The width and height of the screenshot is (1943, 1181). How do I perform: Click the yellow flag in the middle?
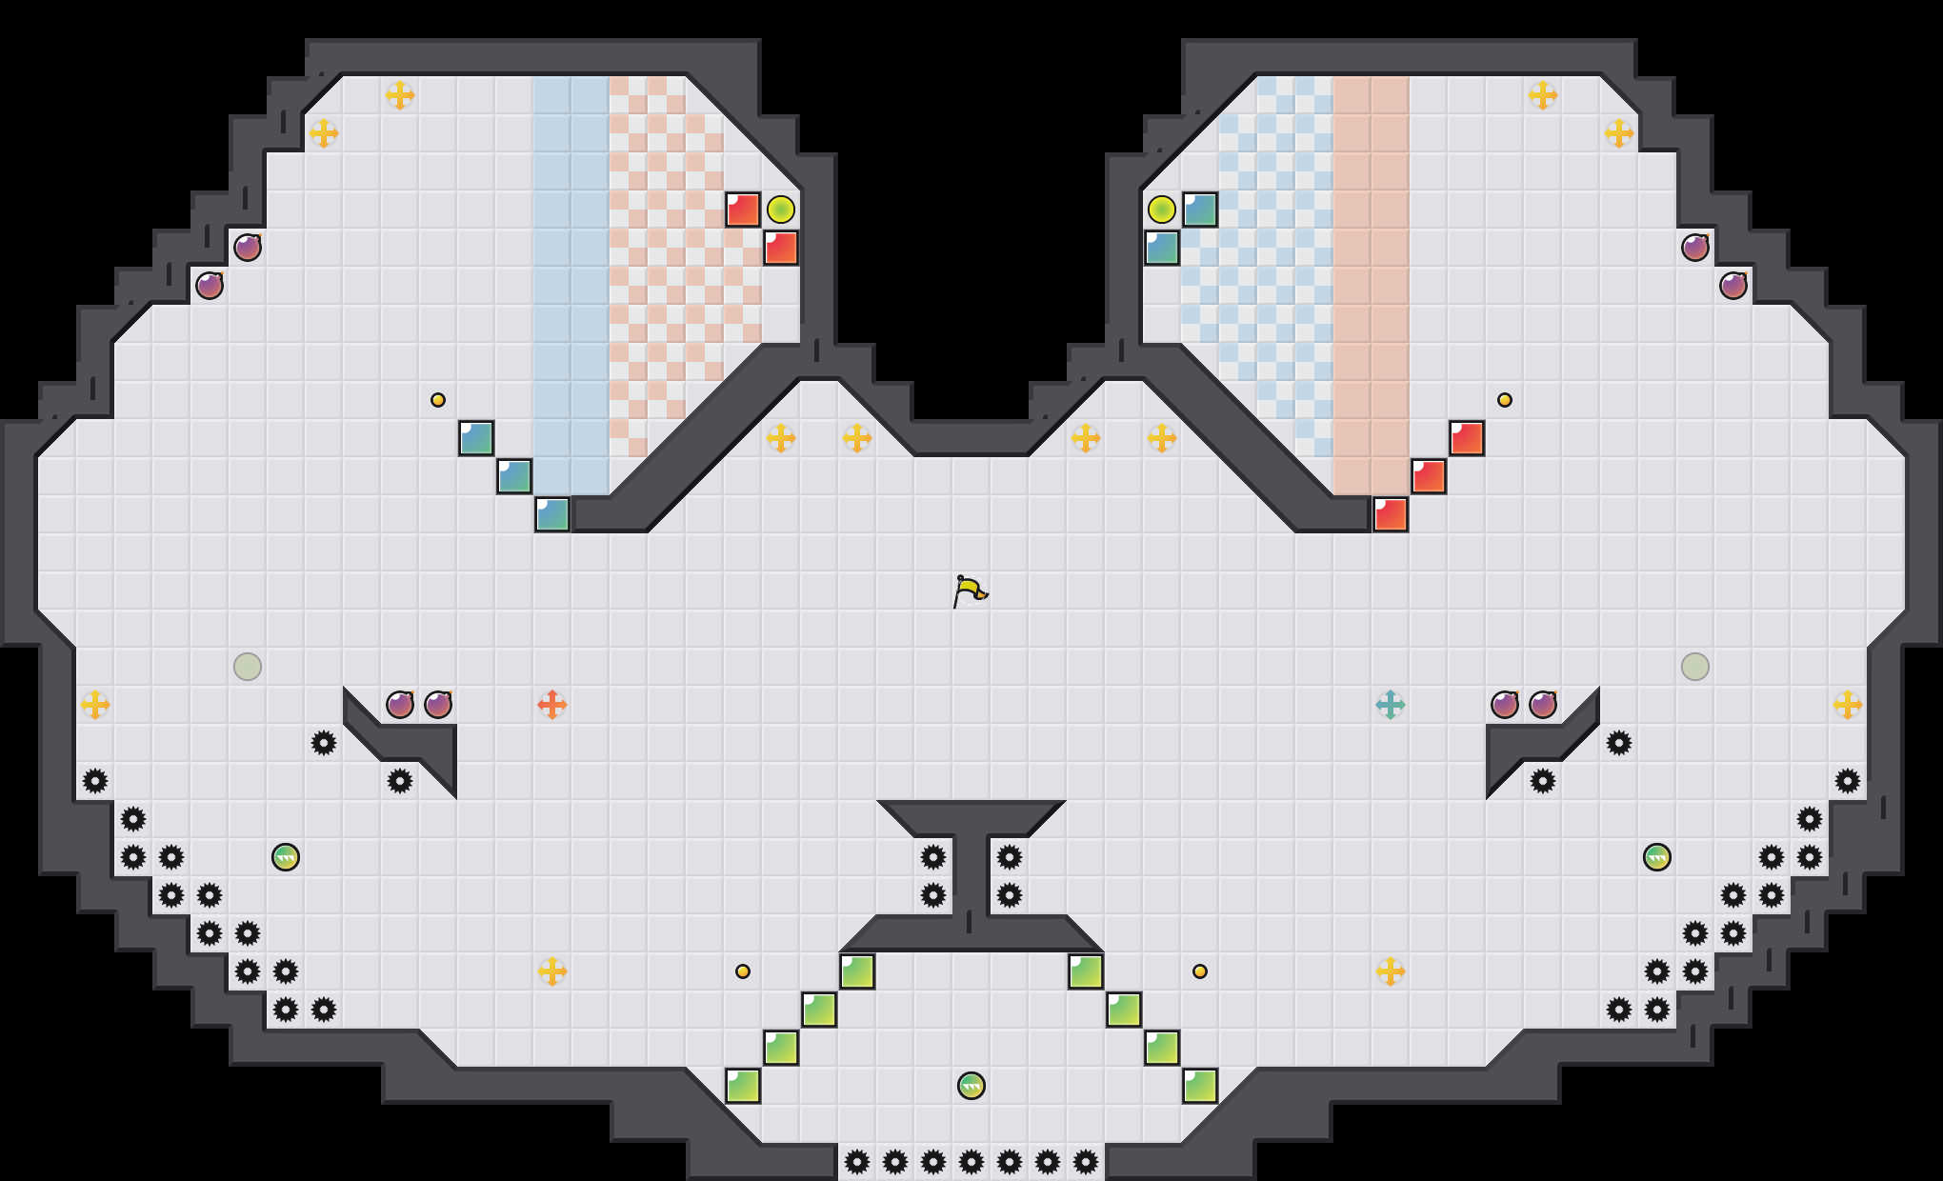pos(970,591)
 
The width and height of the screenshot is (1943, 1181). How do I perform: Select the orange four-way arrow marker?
pos(552,705)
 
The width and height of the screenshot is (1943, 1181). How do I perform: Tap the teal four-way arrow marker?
pos(1391,705)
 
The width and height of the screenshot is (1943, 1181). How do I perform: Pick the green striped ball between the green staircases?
pos(971,1086)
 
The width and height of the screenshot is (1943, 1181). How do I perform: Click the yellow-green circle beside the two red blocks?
pos(781,210)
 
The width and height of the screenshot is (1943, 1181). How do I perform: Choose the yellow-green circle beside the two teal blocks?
pos(1162,210)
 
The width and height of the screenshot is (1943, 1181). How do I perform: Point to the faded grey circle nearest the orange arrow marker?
pos(248,667)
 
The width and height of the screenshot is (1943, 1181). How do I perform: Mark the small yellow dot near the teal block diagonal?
pos(438,400)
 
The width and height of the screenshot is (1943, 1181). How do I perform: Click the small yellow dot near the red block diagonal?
pos(1505,400)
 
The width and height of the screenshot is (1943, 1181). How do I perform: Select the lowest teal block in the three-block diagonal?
pos(552,514)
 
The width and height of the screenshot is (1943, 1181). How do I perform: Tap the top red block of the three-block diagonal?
pos(1467,438)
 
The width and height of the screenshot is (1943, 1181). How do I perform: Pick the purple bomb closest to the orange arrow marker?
pos(438,705)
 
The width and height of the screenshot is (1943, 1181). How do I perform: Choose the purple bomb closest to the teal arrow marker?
pos(1505,705)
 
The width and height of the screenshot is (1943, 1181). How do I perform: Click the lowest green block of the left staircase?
pos(743,1086)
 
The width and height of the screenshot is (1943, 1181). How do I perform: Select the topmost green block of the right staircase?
pos(1086,971)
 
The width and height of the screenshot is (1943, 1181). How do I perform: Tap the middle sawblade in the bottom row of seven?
pos(971,1162)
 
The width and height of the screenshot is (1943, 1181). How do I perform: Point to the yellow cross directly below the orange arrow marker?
pos(552,971)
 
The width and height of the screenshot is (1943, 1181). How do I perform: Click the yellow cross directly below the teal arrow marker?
pos(1391,971)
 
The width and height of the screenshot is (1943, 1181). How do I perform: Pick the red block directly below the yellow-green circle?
pos(781,248)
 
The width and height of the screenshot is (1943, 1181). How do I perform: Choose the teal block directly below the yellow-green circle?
pos(1162,248)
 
